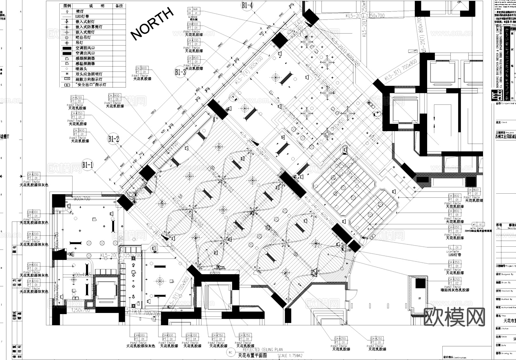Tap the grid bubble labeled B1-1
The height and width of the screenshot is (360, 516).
coord(88,165)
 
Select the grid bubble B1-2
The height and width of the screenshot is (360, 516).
coord(114,139)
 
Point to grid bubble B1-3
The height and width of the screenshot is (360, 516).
coord(180,72)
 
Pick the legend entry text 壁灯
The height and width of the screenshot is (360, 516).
coord(80,11)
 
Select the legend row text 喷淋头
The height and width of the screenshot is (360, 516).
coord(81,69)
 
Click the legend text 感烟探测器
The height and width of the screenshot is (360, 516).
coord(85,59)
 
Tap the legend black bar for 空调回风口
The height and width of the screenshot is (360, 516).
coord(67,48)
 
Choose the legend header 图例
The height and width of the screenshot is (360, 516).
coord(67,6)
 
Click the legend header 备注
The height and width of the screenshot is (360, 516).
coord(119,6)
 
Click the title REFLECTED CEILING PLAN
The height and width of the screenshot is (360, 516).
coord(263,349)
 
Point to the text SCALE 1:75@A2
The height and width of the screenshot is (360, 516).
coord(290,355)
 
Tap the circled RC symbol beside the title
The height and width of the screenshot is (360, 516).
coord(231,353)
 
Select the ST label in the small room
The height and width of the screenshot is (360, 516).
coord(420,299)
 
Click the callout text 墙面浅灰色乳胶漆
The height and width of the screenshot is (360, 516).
coord(455,290)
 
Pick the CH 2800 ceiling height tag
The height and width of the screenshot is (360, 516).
coord(473,190)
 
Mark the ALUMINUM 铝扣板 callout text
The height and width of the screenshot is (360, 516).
coord(191,18)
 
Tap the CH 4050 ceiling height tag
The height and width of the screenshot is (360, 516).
coord(454,227)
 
